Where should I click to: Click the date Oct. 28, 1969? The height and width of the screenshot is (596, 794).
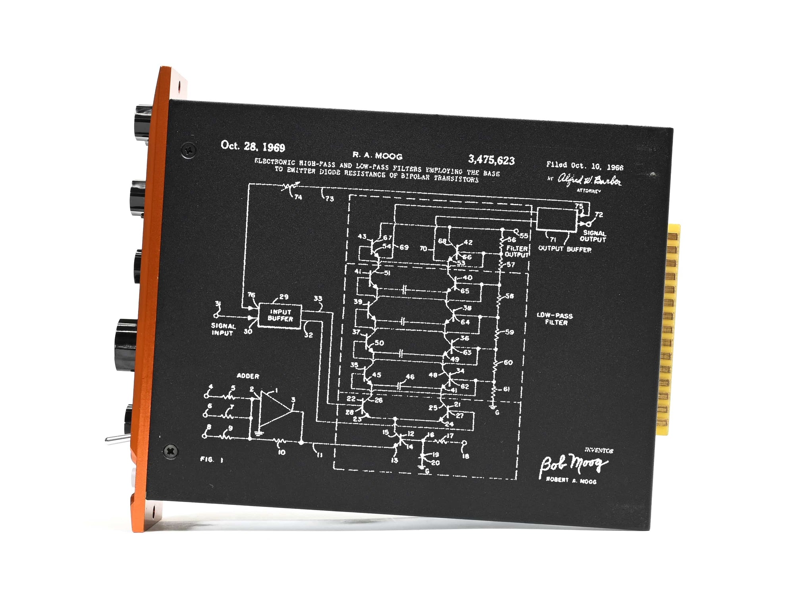(253, 147)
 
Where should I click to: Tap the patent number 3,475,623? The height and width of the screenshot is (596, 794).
(491, 160)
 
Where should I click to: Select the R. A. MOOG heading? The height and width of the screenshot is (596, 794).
(377, 156)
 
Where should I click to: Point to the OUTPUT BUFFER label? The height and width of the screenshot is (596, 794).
(565, 249)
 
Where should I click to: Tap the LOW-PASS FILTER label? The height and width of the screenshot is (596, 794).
(555, 319)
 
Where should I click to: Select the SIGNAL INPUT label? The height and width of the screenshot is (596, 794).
(223, 329)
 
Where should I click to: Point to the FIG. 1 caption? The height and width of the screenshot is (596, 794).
(212, 459)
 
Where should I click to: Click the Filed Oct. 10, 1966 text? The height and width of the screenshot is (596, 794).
(584, 166)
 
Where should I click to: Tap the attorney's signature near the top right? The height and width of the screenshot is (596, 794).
(589, 180)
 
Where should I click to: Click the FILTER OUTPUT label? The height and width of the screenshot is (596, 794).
(516, 251)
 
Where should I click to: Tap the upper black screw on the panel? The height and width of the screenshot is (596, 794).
(189, 150)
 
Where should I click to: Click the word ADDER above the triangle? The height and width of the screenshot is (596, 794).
(248, 376)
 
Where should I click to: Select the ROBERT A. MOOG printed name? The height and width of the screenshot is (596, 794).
(571, 480)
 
